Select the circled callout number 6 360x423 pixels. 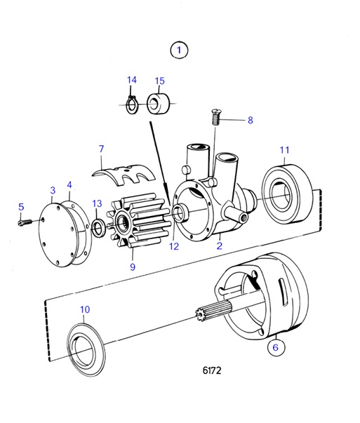[274, 346]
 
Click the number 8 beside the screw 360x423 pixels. [249, 120]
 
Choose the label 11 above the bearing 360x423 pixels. [284, 149]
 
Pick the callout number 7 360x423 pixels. [101, 149]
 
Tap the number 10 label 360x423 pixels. [84, 309]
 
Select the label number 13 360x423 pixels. [96, 203]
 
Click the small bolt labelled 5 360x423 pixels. [25, 222]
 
